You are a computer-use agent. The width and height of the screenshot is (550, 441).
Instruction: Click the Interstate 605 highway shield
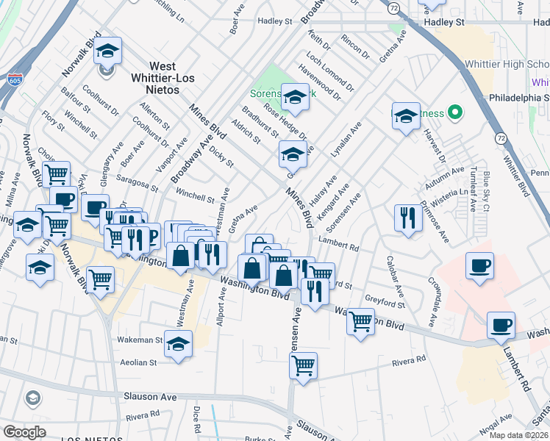[13, 78]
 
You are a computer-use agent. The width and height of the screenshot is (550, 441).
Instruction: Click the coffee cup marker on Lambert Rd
[501, 325]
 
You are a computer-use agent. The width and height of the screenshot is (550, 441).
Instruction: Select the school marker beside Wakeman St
[178, 344]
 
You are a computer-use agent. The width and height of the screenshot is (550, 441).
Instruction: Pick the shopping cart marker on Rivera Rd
[303, 365]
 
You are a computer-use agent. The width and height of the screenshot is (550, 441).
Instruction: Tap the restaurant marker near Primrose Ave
[406, 218]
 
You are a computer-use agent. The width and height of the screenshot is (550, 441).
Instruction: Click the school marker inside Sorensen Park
[295, 98]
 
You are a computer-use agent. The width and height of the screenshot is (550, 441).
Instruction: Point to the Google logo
[24, 431]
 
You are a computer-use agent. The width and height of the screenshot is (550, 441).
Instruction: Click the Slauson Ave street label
[150, 396]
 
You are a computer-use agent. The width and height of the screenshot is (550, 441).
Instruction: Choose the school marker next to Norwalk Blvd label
[108, 51]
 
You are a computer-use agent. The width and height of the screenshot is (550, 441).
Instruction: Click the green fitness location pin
[455, 112]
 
